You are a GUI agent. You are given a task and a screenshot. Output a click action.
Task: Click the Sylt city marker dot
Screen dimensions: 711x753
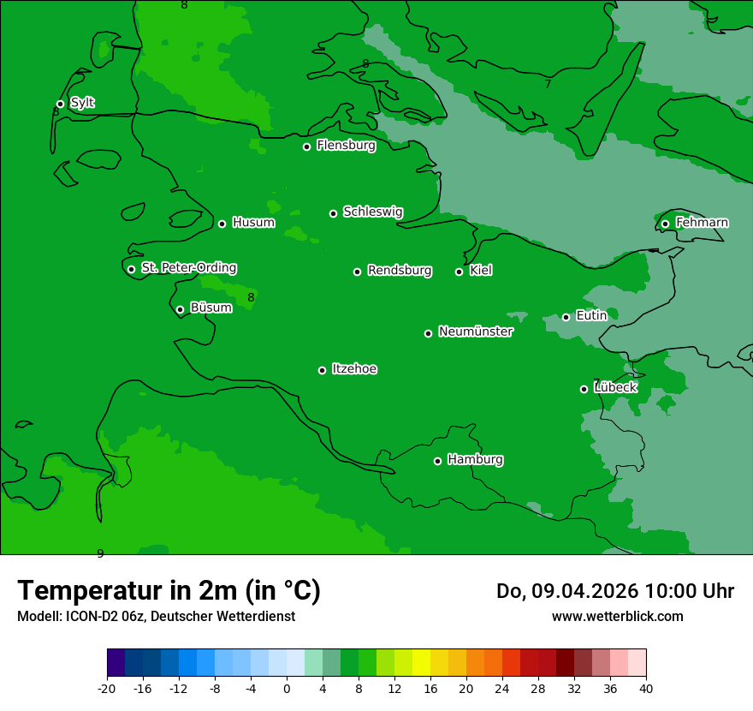click(x=60, y=105)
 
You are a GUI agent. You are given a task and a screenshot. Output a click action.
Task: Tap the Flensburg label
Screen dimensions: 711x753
click(x=346, y=146)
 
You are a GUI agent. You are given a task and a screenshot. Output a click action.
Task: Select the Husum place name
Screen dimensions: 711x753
click(x=253, y=223)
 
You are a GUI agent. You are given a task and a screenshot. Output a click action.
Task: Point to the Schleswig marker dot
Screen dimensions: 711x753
click(x=334, y=213)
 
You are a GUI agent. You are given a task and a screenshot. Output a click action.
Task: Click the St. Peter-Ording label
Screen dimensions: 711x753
click(x=188, y=268)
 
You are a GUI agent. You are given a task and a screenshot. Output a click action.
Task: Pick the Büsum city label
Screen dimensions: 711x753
click(x=210, y=308)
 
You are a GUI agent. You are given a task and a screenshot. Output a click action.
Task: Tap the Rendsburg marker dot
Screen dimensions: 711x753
click(x=358, y=272)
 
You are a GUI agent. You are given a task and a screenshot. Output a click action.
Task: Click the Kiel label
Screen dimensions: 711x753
click(x=480, y=271)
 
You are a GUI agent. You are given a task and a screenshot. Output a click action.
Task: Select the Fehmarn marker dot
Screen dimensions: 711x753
click(x=666, y=224)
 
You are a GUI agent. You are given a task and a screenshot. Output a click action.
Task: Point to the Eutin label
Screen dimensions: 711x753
click(x=591, y=316)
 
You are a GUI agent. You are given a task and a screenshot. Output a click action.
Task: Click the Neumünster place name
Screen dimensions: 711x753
click(x=476, y=332)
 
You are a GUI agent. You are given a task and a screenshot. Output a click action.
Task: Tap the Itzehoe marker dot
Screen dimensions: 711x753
click(x=323, y=370)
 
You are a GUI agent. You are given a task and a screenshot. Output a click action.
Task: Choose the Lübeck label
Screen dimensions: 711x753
click(x=615, y=387)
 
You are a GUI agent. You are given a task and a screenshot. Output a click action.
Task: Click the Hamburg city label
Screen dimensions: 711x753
click(x=475, y=460)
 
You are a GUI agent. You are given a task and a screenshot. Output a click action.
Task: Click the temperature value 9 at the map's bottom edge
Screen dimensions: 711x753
click(x=100, y=553)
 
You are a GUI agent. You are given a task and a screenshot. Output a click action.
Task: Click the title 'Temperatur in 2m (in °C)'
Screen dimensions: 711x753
click(x=169, y=591)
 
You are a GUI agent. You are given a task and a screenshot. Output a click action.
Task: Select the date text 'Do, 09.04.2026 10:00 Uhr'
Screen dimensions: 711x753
click(x=614, y=591)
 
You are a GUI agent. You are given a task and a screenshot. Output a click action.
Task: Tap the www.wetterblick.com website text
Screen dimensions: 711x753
click(x=617, y=617)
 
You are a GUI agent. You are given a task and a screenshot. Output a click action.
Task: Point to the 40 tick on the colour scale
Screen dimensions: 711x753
click(x=645, y=688)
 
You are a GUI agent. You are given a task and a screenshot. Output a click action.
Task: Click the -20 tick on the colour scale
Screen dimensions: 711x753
click(x=107, y=688)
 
